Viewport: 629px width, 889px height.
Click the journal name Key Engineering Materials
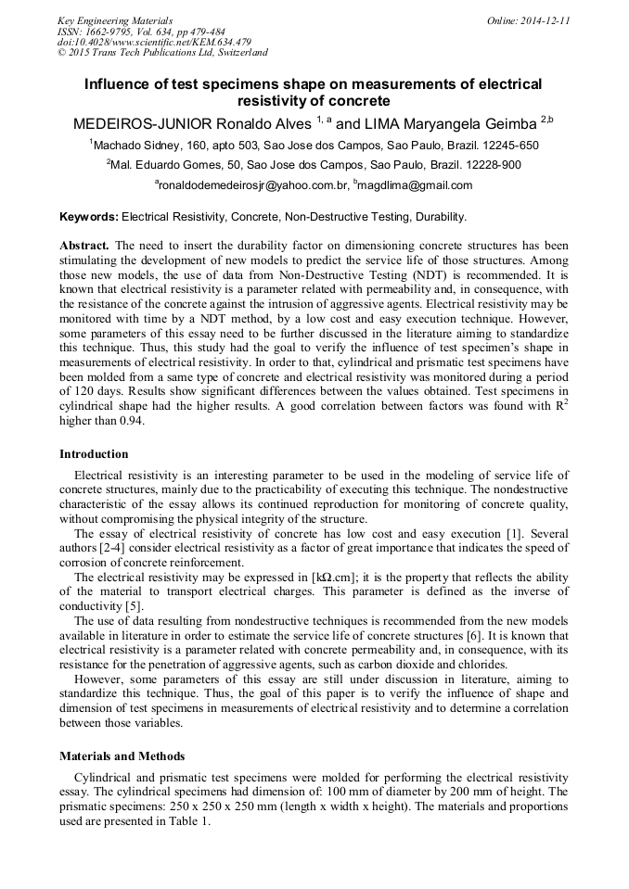click(115, 19)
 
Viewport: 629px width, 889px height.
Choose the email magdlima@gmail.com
click(416, 185)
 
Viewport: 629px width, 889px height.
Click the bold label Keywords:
click(89, 217)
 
